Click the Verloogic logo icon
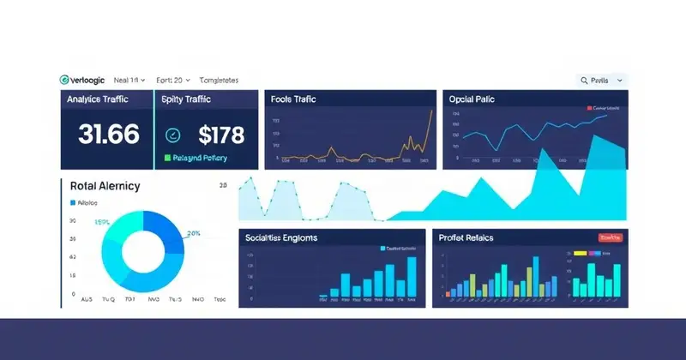64,80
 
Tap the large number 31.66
108,134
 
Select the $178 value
221,135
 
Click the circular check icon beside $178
173,135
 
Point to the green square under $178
167,159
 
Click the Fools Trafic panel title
293,99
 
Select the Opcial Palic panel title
472,99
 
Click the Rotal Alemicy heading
105,185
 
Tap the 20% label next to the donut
194,233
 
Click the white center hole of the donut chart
144,250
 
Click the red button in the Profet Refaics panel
610,237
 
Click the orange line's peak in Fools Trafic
430,110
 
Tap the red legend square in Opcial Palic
588,110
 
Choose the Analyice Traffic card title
98,99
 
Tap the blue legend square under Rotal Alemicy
72,203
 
